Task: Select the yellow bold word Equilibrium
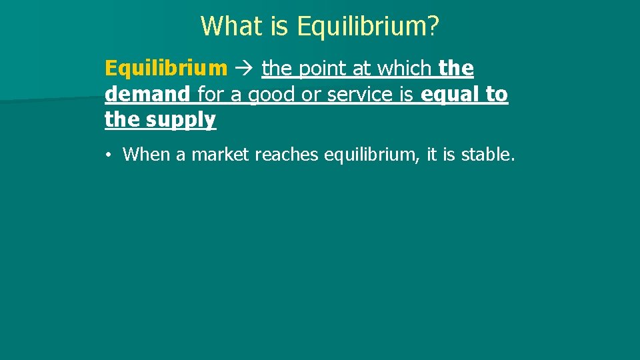point(166,69)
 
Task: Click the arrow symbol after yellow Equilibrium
point(245,69)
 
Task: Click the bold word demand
point(147,95)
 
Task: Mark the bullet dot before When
point(108,155)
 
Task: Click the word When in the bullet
point(146,155)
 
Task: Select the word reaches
point(286,155)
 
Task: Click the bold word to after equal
point(496,95)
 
